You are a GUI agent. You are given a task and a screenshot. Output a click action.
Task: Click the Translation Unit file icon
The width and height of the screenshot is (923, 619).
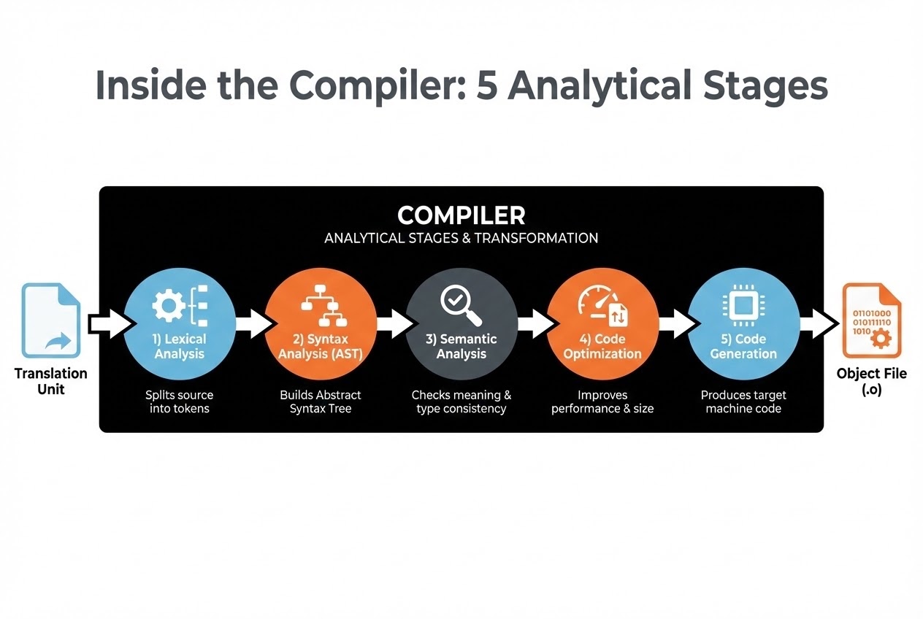(x=51, y=320)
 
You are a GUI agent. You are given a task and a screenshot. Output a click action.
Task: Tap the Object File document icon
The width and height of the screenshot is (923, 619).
(x=871, y=320)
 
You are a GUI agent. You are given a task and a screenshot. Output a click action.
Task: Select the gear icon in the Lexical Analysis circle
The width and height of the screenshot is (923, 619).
(x=168, y=305)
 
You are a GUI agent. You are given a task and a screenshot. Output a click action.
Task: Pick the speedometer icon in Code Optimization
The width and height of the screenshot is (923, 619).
(x=602, y=306)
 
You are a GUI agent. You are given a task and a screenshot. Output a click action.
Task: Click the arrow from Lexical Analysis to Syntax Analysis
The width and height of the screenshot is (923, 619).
(x=253, y=323)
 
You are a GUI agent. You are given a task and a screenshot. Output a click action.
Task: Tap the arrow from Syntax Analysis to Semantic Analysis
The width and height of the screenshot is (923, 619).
(x=395, y=323)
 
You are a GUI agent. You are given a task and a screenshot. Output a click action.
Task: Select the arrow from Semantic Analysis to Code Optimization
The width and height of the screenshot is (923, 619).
(x=536, y=323)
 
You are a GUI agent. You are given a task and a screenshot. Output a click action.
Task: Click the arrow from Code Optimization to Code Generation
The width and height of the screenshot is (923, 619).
(x=677, y=323)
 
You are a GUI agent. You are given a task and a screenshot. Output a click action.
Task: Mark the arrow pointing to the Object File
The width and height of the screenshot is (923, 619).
(x=819, y=323)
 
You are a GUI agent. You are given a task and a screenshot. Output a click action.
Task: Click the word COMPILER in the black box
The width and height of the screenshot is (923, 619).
(x=461, y=215)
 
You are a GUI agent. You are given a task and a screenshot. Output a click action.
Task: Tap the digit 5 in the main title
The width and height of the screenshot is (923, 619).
(x=486, y=85)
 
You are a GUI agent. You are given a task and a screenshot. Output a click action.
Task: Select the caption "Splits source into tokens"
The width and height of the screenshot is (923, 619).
(x=179, y=401)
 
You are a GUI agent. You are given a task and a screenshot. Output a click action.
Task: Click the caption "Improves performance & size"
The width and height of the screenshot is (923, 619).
(x=602, y=401)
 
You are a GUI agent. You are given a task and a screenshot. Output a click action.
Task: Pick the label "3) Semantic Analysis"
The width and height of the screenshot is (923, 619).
(x=461, y=346)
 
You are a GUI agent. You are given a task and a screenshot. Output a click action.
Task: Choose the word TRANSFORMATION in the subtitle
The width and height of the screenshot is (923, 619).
(x=536, y=238)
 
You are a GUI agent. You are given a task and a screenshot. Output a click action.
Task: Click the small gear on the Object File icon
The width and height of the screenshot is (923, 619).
(x=881, y=339)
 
